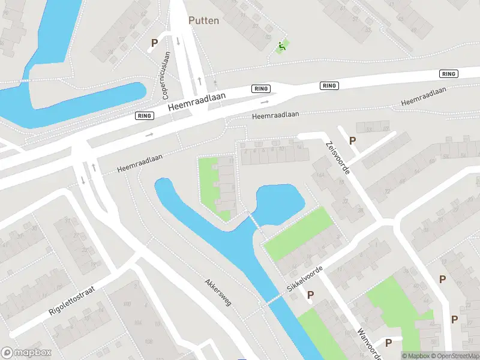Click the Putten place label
(204, 20)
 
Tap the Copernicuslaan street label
(167, 76)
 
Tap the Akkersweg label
(218, 292)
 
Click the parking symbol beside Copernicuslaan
(154, 43)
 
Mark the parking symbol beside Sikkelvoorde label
(310, 295)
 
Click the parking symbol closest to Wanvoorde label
(389, 343)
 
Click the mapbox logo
(25, 353)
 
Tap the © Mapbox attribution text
(416, 356)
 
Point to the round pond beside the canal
(280, 203)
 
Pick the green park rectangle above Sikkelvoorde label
(298, 233)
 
